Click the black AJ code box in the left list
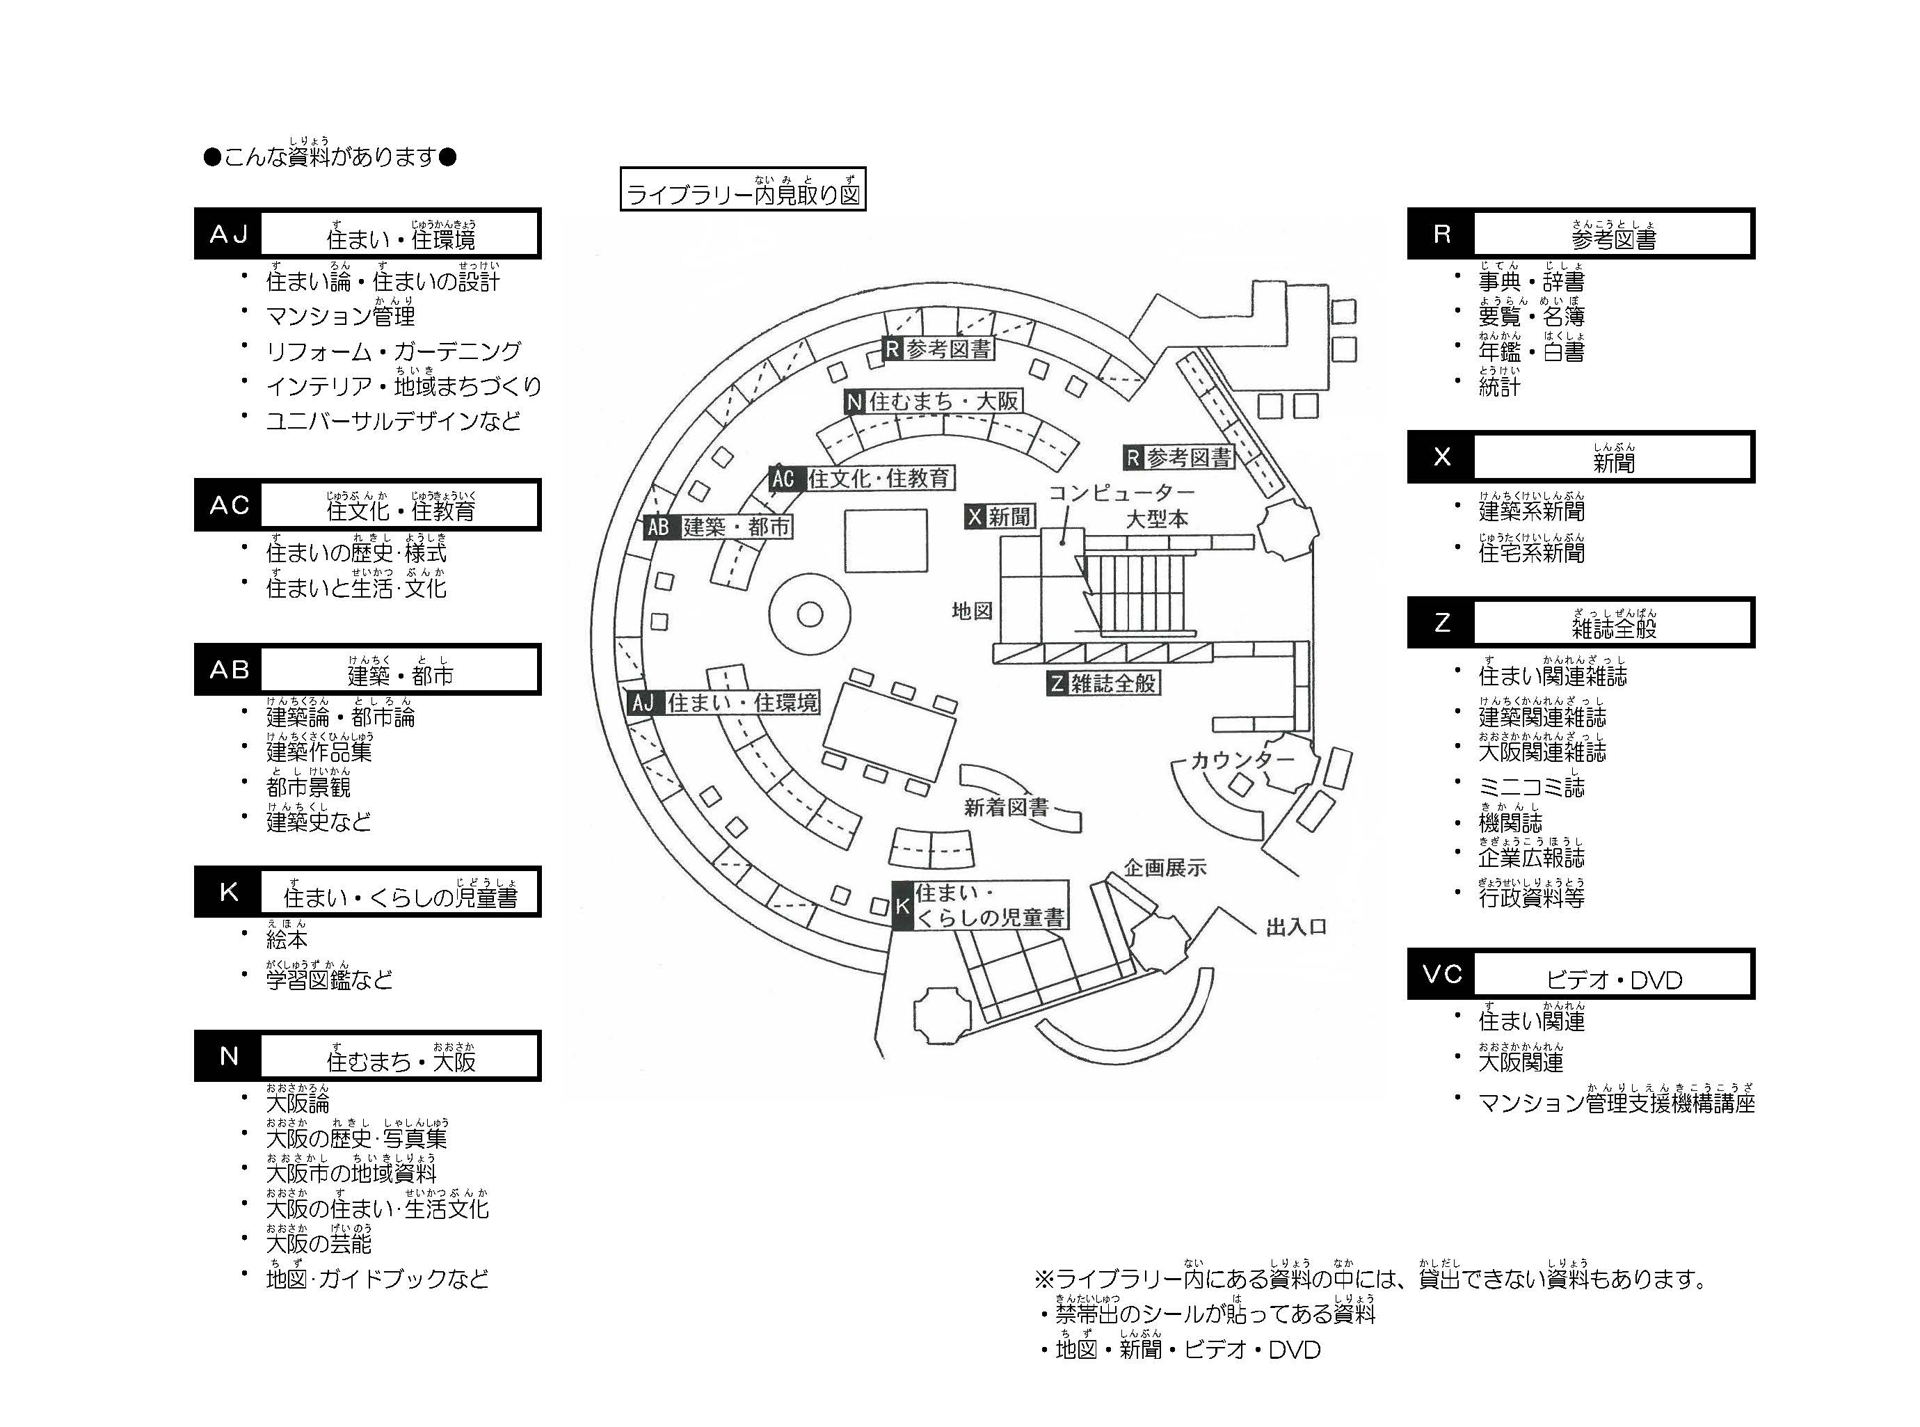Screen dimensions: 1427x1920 tap(229, 234)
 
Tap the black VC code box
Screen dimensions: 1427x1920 tap(1441, 974)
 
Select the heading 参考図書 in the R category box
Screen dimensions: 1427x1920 tap(1613, 239)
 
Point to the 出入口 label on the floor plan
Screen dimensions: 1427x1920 tap(1295, 927)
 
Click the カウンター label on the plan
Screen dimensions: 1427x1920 tap(1242, 760)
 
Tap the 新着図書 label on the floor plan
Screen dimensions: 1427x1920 tap(1006, 807)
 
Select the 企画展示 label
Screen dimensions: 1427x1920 tap(1165, 867)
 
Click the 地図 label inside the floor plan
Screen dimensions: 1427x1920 tap(972, 611)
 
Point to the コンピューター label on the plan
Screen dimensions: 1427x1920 tap(1121, 493)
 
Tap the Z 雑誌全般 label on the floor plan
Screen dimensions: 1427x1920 tap(1103, 683)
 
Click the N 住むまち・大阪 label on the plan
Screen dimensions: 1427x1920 tap(934, 401)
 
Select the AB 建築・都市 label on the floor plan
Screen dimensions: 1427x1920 tap(719, 527)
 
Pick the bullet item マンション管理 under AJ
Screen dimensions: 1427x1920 tap(340, 316)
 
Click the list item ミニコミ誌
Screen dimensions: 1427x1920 tap(1530, 787)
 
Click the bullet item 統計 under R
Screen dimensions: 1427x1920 tap(1498, 387)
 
